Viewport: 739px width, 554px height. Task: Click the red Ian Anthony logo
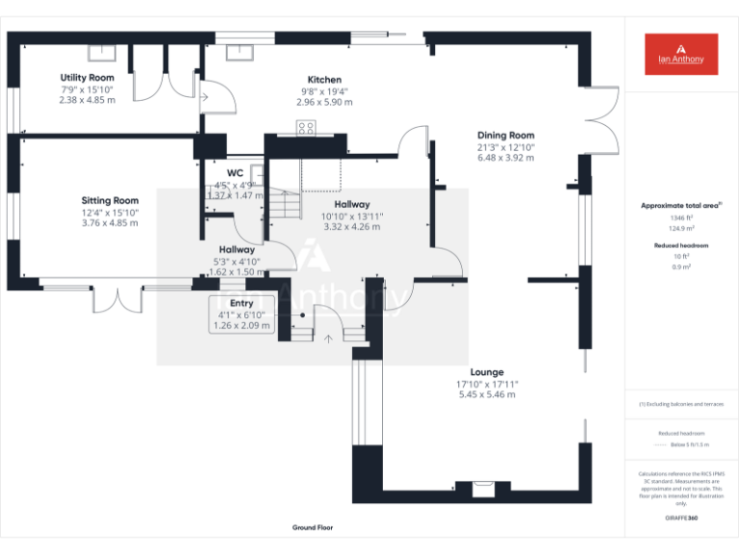(681, 54)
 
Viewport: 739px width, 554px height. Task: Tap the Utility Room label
(87, 78)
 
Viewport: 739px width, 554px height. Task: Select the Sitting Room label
(110, 201)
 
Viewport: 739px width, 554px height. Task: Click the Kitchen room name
(324, 80)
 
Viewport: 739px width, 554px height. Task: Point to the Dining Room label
(505, 136)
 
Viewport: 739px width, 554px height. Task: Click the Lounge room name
(487, 372)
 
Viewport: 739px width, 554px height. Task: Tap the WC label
(235, 173)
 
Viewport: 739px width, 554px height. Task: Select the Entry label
(242, 304)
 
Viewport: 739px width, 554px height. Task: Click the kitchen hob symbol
(306, 127)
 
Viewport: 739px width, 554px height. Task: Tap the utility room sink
(102, 52)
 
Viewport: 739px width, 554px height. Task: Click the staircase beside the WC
(283, 205)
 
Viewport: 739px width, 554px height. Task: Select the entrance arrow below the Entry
(329, 338)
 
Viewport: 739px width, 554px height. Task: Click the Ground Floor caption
(313, 528)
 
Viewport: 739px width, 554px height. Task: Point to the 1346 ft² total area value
(680, 218)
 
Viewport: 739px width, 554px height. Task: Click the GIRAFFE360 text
(680, 517)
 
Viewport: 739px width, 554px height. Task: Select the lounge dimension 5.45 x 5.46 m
(487, 394)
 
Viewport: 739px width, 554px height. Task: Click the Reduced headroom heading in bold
(680, 246)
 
